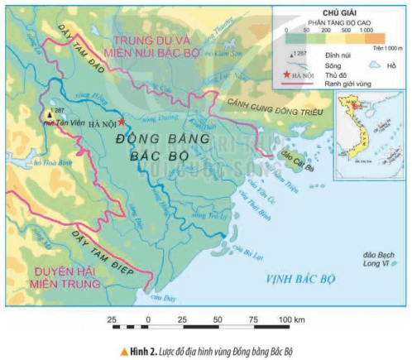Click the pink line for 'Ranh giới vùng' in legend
(288, 83)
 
